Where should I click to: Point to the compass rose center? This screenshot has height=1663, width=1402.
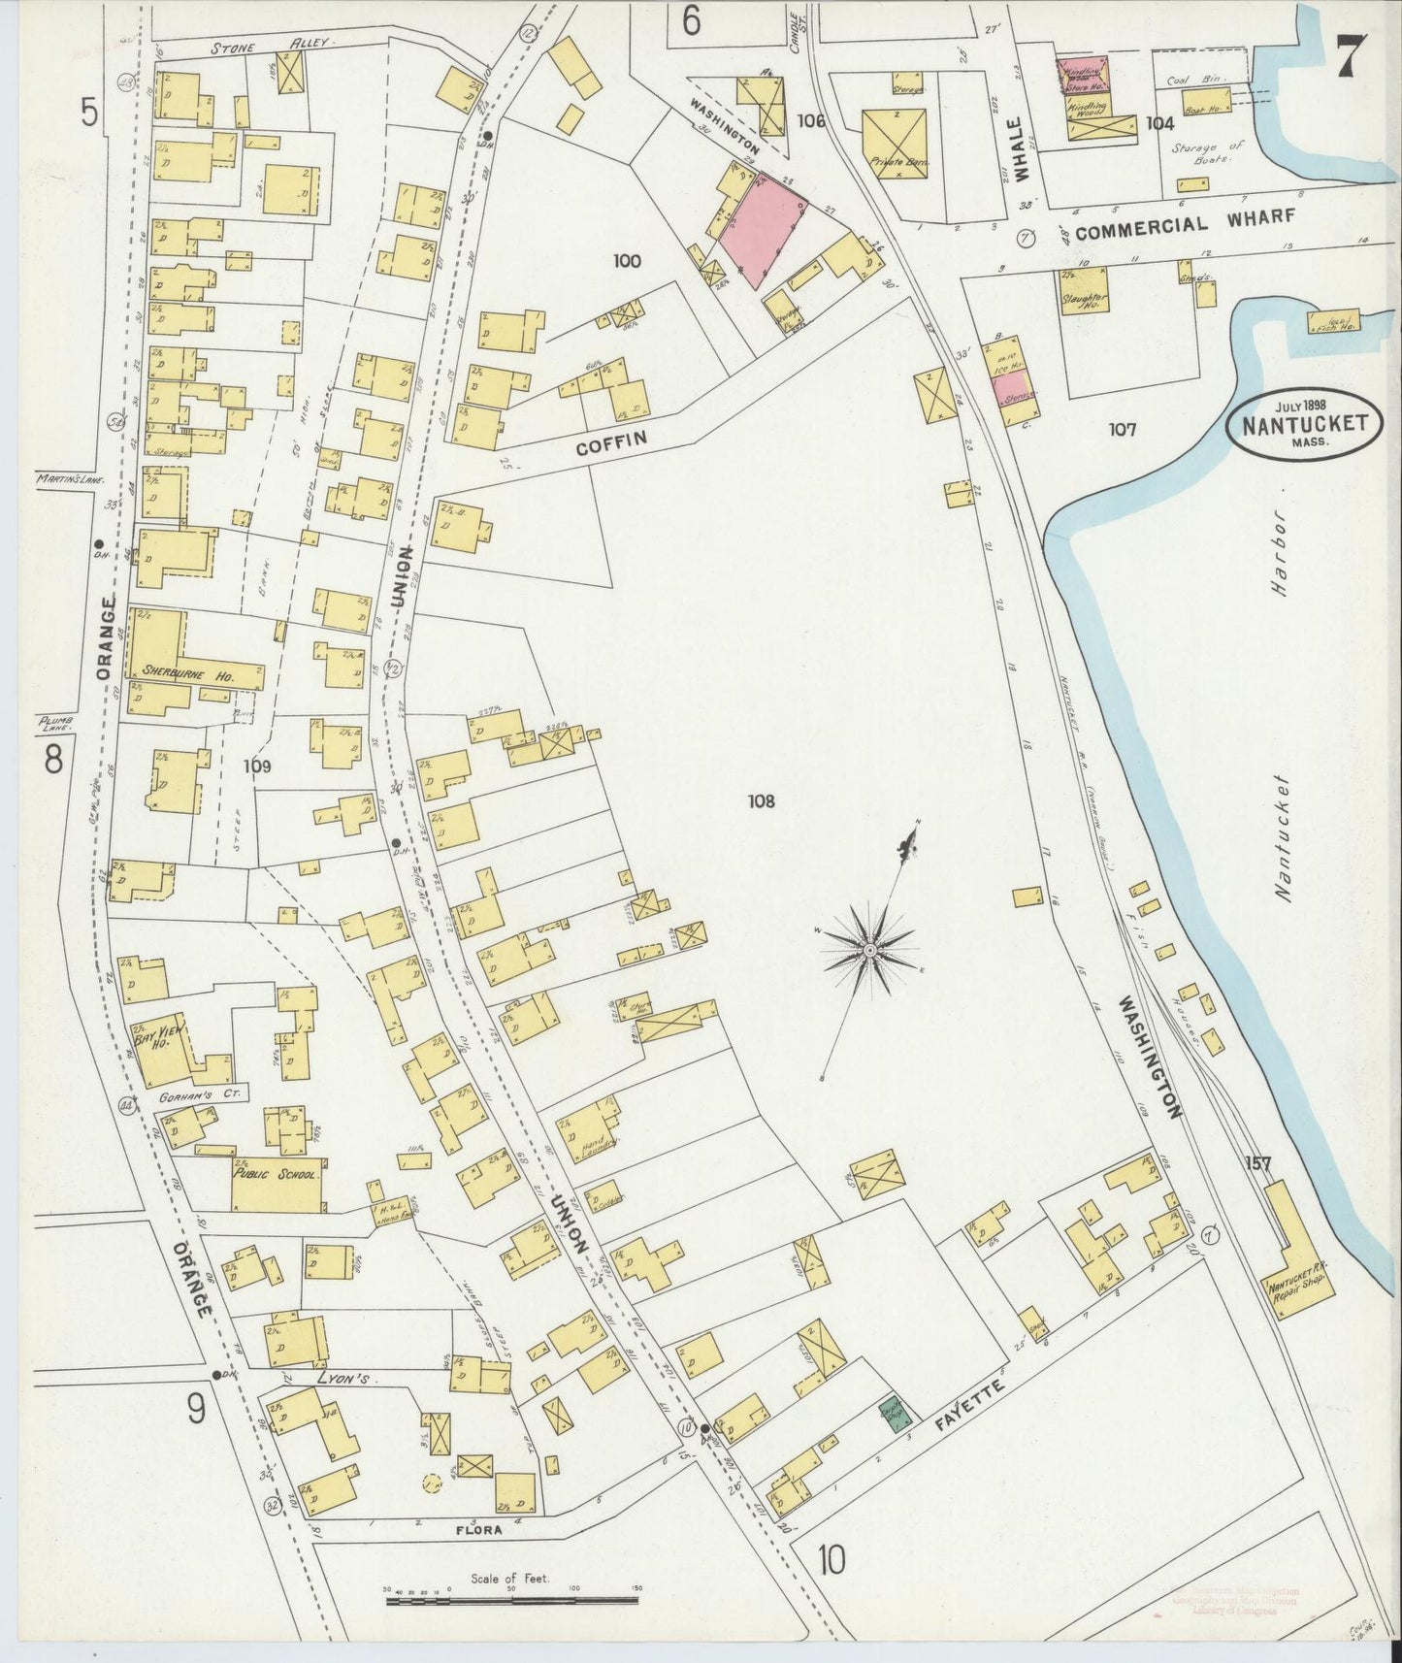point(870,948)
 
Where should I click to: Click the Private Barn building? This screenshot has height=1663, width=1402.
point(895,142)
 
